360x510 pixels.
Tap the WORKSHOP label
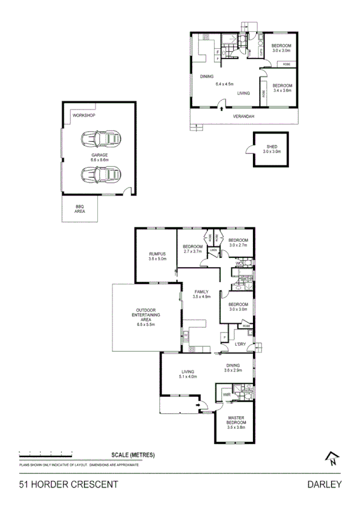(x=84, y=115)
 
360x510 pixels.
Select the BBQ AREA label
(x=79, y=209)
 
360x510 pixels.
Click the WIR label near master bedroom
(x=226, y=395)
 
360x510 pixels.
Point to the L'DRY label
(x=240, y=344)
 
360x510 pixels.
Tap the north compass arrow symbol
(x=331, y=459)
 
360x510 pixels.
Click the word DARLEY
(x=324, y=484)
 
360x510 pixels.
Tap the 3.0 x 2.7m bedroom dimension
(x=239, y=245)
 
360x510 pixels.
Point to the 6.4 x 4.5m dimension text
(x=224, y=84)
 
